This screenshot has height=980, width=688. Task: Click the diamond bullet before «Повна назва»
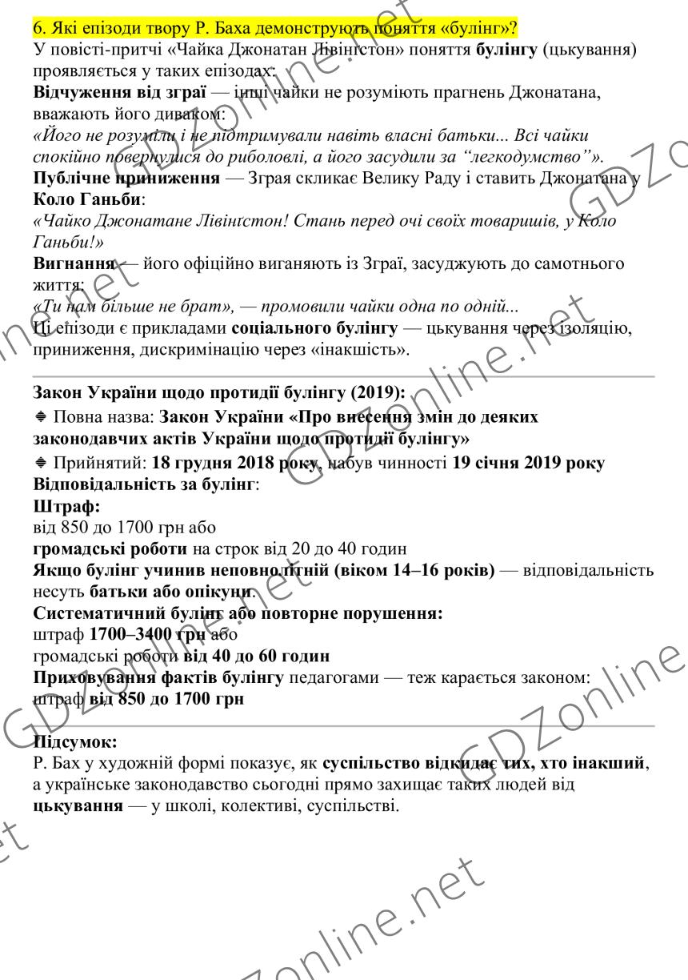coord(40,418)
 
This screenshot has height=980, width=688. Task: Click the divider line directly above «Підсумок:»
coord(344,725)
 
